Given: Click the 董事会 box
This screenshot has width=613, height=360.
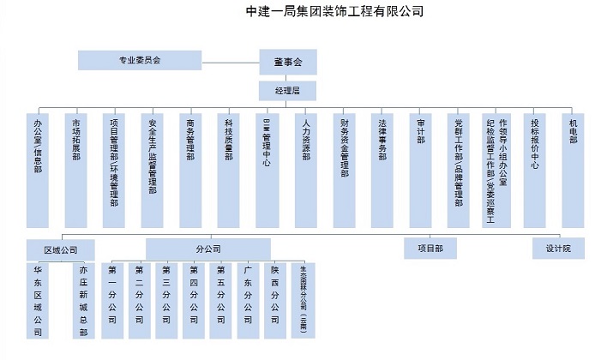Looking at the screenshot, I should (287, 61).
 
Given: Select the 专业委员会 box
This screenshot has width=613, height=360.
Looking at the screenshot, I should (140, 60).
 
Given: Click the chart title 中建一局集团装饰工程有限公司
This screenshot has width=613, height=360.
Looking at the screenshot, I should (334, 11).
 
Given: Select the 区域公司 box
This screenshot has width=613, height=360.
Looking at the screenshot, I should (60, 249).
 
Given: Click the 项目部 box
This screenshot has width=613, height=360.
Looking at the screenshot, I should (430, 248).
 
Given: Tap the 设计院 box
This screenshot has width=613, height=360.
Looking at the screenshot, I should (558, 248).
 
